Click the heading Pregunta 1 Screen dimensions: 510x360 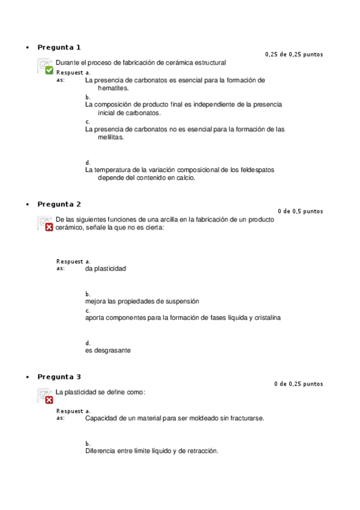(x=59, y=47)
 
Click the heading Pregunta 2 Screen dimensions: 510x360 (x=59, y=204)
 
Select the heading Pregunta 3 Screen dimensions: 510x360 (x=59, y=376)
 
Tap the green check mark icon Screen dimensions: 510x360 (x=49, y=70)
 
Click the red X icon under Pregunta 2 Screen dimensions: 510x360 (x=49, y=227)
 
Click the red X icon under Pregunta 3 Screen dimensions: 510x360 (x=49, y=399)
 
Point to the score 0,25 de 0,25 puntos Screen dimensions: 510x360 (x=294, y=55)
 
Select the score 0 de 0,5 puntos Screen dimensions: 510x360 (x=301, y=211)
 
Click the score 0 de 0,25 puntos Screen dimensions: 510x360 (x=298, y=384)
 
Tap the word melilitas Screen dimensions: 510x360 (x=111, y=137)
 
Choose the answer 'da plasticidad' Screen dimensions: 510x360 (x=106, y=268)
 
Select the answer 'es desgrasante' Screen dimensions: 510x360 (x=108, y=350)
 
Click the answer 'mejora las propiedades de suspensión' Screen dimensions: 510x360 (x=142, y=301)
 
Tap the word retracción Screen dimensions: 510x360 (x=201, y=450)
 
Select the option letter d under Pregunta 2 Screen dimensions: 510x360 (x=88, y=343)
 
